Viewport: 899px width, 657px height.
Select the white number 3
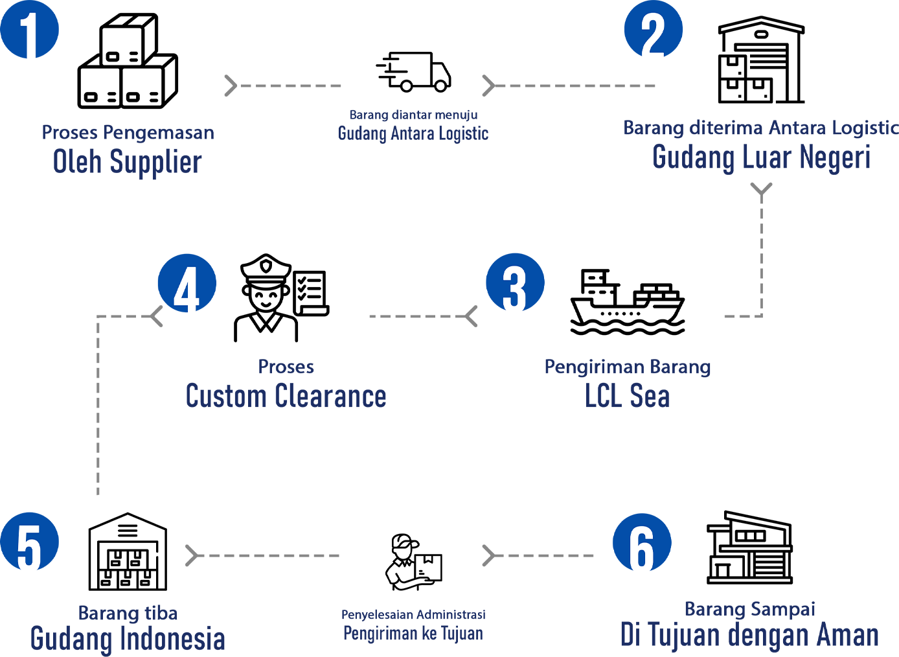tap(514, 289)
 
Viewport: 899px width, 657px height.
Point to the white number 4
tap(187, 289)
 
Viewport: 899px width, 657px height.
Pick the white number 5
tap(29, 548)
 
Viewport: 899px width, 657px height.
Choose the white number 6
tap(641, 548)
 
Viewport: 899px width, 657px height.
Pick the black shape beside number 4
tap(291, 272)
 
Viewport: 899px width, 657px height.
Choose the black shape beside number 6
tap(777, 518)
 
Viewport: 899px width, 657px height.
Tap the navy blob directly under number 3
tap(622, 402)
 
